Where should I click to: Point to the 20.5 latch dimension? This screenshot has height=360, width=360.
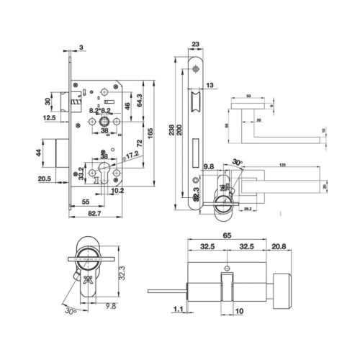click(44, 179)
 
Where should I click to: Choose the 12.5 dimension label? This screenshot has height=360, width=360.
click(49, 117)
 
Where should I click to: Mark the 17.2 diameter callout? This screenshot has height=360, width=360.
click(131, 154)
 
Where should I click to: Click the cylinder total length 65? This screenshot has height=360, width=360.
click(227, 235)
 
